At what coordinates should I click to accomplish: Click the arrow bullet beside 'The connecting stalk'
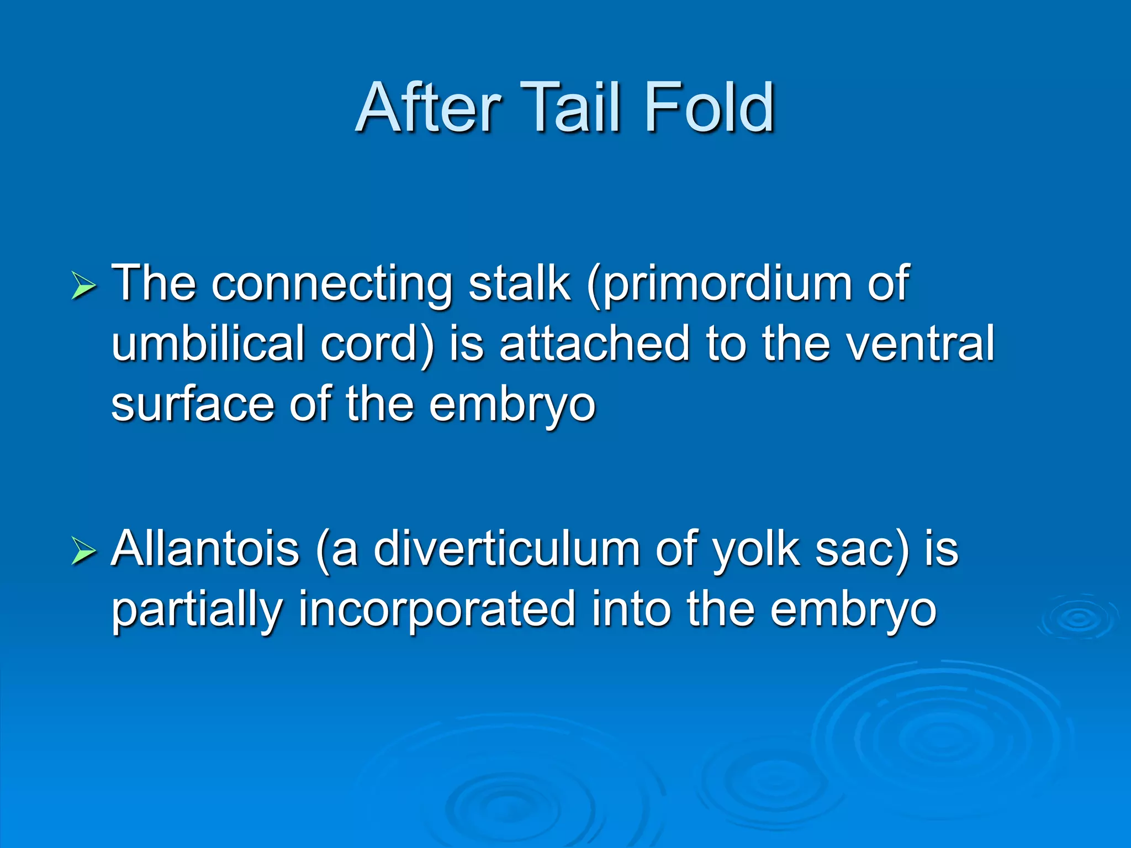[83, 287]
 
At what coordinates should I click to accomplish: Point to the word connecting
[331, 285]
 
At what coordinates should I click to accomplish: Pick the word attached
[594, 343]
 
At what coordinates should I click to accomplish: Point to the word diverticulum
[505, 549]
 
